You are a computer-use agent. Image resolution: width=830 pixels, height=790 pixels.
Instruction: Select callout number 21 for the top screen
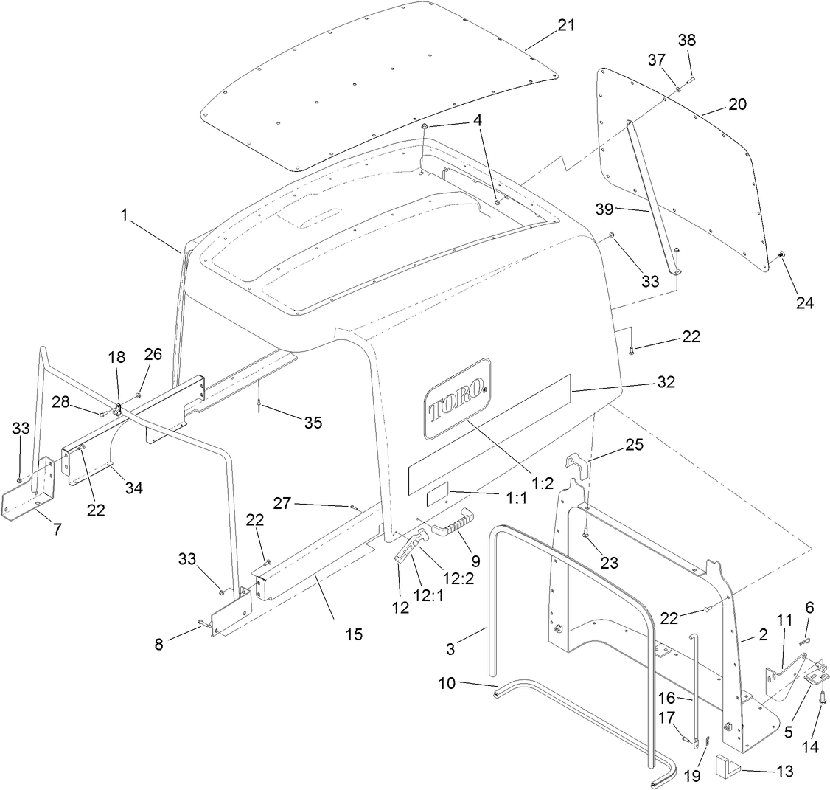pos(566,24)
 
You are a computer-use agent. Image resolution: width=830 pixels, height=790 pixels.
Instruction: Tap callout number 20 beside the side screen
pos(737,104)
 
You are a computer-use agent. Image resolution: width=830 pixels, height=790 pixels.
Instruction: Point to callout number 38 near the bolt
pos(686,41)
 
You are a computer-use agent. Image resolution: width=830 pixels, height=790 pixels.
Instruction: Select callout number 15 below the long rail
pos(355,634)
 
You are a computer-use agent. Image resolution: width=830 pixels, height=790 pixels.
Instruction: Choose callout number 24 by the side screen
pos(804,302)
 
